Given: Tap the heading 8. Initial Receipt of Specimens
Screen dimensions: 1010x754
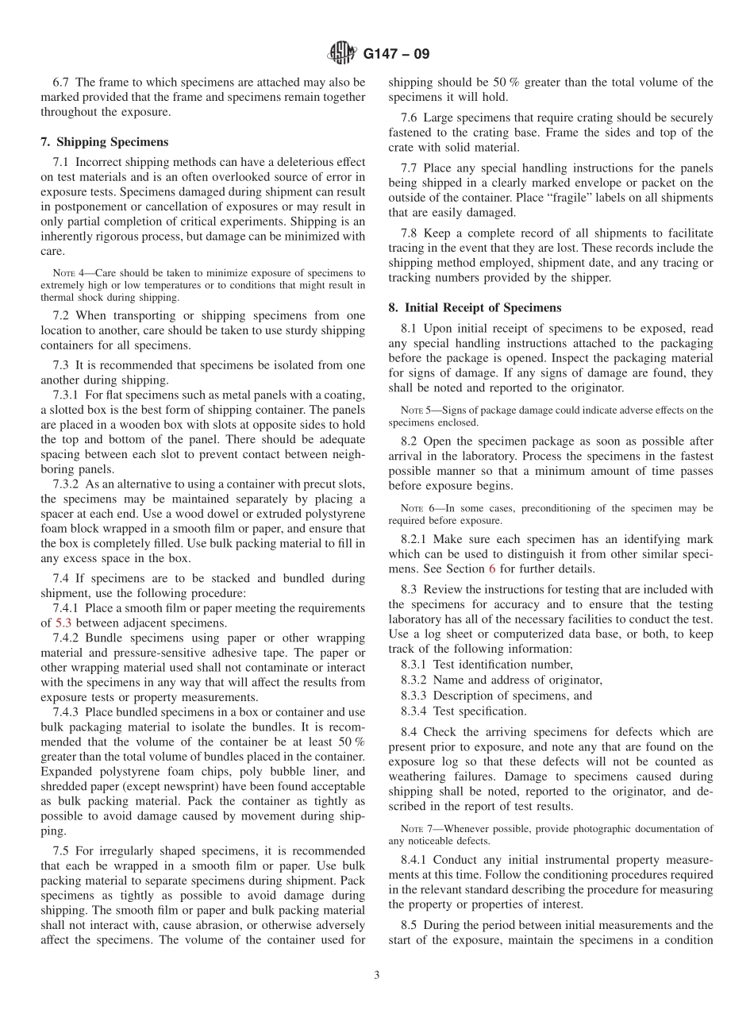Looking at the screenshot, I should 475,307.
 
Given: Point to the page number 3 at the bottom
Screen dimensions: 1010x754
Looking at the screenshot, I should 377,976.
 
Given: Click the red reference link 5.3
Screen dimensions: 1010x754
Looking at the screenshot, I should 63,623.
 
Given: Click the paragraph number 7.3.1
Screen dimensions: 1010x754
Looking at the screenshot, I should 66,395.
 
